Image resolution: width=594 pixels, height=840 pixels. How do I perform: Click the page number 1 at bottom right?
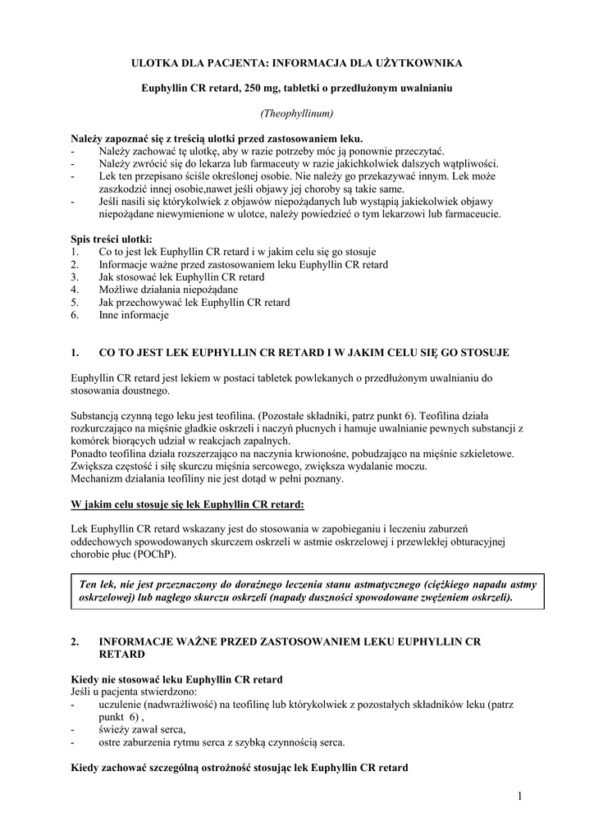tap(520, 795)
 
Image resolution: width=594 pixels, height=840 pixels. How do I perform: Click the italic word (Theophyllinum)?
tap(297, 112)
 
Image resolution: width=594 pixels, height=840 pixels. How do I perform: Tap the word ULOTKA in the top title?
tap(156, 62)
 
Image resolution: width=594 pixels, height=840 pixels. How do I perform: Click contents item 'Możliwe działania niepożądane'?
tap(168, 290)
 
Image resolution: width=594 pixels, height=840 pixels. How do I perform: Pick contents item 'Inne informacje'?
tap(133, 315)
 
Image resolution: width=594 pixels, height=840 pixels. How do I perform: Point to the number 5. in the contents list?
tap(75, 303)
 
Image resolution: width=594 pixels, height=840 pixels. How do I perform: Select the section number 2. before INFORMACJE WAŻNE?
tap(75, 642)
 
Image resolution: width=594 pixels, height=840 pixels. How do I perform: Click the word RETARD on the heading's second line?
tap(121, 655)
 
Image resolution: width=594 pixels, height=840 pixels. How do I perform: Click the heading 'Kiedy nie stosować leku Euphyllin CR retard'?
tap(177, 680)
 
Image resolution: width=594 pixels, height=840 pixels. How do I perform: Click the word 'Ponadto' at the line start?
tap(89, 454)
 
